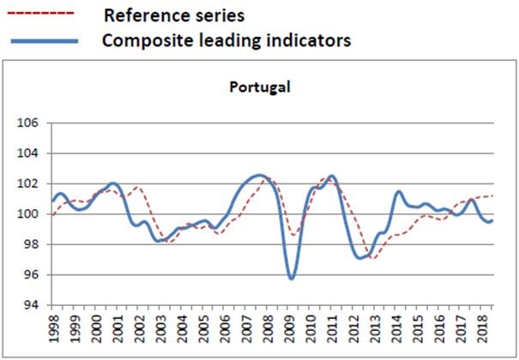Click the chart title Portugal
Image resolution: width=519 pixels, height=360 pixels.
262,87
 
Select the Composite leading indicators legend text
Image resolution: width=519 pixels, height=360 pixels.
226,40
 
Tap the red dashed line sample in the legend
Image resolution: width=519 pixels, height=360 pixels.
42,15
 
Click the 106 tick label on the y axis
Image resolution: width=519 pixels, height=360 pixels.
29,123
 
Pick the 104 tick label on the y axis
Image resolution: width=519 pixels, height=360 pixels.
29,153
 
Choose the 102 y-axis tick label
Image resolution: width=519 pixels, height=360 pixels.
29,183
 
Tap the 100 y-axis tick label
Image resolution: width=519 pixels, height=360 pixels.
29,214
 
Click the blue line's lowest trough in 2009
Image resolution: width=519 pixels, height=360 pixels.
292,279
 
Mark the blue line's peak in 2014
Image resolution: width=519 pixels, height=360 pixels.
399,192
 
